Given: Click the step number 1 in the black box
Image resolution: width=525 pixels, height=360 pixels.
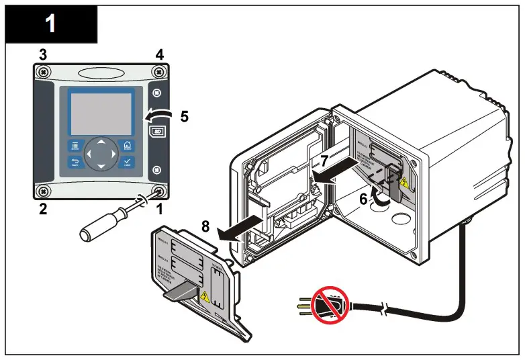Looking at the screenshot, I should click(50, 25).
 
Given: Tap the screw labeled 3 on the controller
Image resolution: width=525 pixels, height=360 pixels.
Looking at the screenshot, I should click(43, 72).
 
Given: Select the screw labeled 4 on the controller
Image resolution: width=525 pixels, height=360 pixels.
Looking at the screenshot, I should click(158, 72).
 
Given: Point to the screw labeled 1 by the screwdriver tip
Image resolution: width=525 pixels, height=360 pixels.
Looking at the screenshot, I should click(159, 191).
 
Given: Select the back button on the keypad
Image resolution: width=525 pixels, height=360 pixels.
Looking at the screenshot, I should click(75, 163).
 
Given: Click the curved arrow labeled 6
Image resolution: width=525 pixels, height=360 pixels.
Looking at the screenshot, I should click(381, 199).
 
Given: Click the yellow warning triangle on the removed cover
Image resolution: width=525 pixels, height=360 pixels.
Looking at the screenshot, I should click(205, 296).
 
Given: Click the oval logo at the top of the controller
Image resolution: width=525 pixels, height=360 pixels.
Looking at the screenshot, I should click(101, 73).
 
